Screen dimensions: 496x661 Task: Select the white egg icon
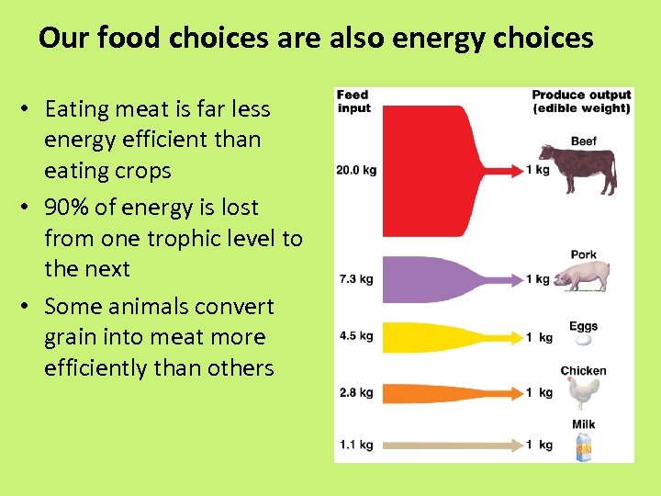click(582, 339)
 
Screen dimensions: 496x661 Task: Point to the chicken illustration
click(582, 392)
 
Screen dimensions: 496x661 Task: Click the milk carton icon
click(583, 445)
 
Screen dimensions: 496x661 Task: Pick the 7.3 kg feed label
click(355, 278)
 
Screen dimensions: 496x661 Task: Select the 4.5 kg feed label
click(355, 336)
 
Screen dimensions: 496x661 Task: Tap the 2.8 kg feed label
click(355, 392)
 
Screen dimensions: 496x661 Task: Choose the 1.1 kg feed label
click(355, 445)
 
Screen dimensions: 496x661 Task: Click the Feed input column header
click(353, 101)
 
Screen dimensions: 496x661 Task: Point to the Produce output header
click(581, 101)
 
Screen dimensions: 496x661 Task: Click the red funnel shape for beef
click(431, 171)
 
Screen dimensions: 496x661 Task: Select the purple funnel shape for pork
click(431, 278)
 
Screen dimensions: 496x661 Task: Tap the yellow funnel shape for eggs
click(431, 337)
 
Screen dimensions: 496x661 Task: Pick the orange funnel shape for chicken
click(431, 393)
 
